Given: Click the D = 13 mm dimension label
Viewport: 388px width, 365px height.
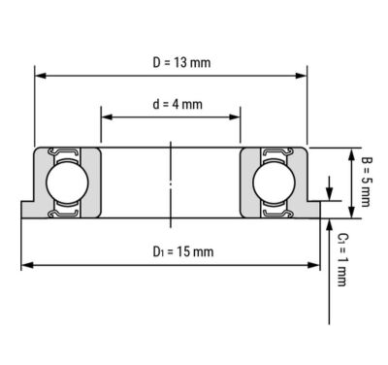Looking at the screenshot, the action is pyautogui.click(x=181, y=62).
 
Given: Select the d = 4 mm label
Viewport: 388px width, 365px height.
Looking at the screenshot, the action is pyautogui.click(x=178, y=104).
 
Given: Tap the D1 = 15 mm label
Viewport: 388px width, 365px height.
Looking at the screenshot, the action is pyautogui.click(x=183, y=251).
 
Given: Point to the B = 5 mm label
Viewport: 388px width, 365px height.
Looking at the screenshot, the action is pyautogui.click(x=366, y=182).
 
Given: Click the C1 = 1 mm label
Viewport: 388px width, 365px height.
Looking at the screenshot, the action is pyautogui.click(x=341, y=259).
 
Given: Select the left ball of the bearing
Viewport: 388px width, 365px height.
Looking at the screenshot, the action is pyautogui.click(x=67, y=182).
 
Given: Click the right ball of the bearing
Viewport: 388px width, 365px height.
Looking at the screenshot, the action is pyautogui.click(x=274, y=182).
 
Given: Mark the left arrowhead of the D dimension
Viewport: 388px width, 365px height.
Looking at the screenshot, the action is pyautogui.click(x=40, y=76).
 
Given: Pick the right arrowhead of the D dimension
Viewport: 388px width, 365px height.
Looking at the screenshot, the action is pyautogui.click(x=302, y=76).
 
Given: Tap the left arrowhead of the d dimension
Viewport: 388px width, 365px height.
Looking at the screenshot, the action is pyautogui.click(x=107, y=116).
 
